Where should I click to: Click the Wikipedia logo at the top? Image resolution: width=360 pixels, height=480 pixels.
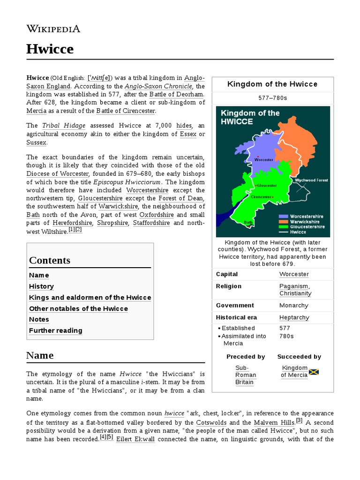tap(53, 29)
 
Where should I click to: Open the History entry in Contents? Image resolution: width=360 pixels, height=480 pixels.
tap(41, 286)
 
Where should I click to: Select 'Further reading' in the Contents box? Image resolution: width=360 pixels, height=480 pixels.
tap(55, 330)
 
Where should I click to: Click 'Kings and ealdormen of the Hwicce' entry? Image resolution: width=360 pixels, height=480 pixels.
tap(90, 298)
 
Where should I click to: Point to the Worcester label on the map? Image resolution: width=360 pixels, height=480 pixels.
tap(263, 159)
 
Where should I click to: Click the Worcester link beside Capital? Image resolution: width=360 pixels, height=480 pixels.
tap(294, 274)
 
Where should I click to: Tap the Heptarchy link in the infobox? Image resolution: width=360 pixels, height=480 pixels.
tap(294, 317)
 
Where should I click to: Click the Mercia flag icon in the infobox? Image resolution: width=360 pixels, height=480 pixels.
tap(314, 372)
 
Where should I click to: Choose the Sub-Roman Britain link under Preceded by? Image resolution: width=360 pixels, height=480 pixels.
tap(246, 375)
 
